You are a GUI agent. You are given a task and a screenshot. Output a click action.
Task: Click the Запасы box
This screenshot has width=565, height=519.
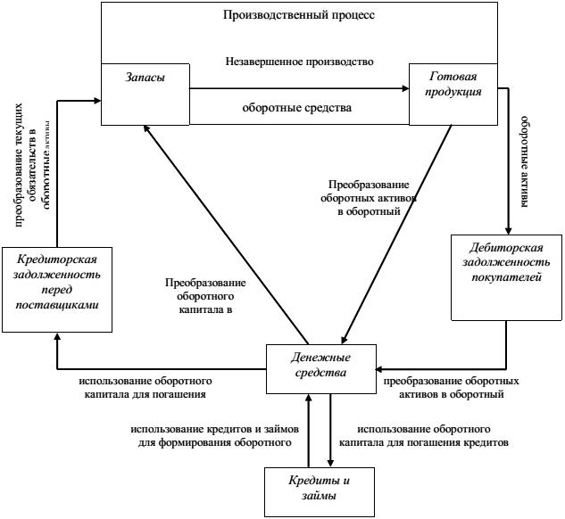(145, 94)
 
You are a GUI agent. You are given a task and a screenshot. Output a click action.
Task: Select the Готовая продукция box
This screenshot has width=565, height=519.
(453, 94)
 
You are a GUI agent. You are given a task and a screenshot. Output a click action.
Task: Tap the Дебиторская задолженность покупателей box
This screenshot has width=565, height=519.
(505, 276)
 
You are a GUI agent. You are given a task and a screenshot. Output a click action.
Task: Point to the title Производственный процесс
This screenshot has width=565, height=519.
(299, 16)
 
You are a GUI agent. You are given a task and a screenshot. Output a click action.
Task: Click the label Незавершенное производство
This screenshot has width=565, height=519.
(299, 62)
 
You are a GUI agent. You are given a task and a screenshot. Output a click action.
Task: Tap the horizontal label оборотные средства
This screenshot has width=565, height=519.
(297, 108)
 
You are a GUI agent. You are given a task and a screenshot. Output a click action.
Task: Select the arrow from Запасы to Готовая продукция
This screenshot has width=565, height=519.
(299, 88)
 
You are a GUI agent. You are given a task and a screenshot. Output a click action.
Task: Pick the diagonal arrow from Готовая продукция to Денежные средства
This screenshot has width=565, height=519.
(397, 236)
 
